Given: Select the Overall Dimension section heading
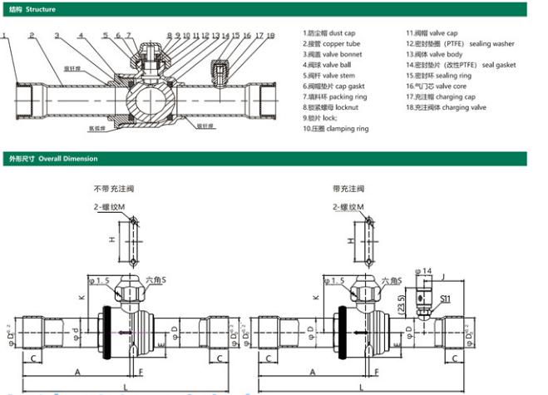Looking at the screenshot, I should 52,158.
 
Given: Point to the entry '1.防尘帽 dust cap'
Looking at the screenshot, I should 333,32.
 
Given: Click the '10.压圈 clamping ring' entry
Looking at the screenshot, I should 336,129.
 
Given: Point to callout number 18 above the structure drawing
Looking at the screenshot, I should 271,36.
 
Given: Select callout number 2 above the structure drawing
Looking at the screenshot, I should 31,36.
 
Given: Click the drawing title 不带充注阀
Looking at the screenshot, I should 113,189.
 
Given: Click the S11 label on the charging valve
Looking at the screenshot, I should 445,297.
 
